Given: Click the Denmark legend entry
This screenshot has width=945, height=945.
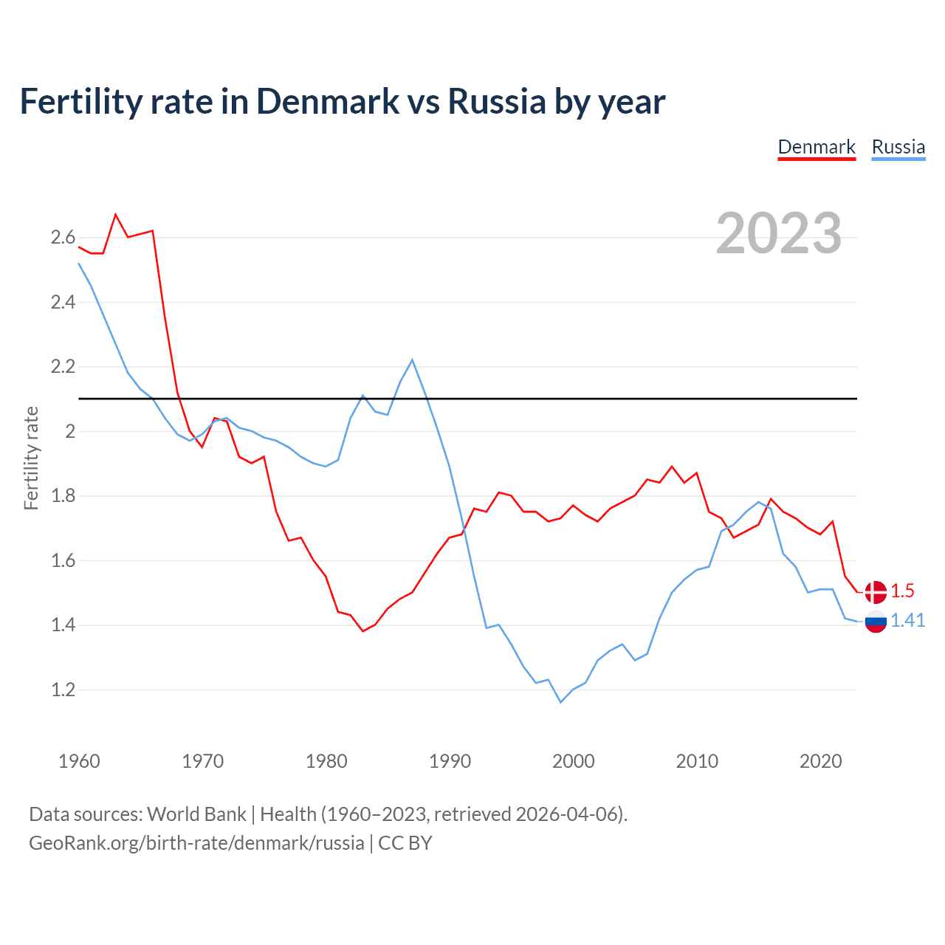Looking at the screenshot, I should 817,147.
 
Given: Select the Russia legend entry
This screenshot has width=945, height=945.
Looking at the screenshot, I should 898,147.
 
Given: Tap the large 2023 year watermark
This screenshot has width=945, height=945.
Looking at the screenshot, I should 778,233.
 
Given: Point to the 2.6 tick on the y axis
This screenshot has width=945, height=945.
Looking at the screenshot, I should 63,238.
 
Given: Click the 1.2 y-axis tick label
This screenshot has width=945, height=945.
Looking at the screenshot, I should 63,690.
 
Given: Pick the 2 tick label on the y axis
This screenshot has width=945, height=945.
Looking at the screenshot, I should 71,432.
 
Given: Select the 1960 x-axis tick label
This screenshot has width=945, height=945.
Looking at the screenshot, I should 79,761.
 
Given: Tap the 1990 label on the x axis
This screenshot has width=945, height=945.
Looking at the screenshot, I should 450,761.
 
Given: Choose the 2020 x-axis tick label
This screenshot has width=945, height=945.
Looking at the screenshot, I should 820,761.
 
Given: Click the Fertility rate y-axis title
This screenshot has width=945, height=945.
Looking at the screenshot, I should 31,458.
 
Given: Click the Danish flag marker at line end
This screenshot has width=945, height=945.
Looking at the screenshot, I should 876,591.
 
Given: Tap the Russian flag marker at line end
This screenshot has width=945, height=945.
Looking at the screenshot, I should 876,622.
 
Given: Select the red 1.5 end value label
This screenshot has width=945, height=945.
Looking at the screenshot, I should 902,591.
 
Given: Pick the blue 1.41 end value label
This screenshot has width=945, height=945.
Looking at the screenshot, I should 907,621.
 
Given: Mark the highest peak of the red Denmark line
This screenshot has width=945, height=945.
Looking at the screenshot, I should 116,215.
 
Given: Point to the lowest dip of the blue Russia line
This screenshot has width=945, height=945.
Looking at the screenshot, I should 560,702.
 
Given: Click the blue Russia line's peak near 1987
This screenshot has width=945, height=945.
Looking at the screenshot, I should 412,360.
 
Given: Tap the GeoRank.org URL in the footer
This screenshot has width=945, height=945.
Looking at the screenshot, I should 196,843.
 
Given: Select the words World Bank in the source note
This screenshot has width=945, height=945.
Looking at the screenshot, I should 196,814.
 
